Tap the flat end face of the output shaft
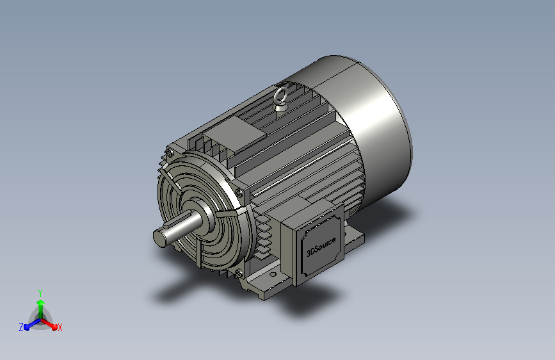[x=160, y=238]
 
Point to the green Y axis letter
[x=40, y=293]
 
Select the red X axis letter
[x=60, y=328]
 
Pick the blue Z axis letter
[x=21, y=327]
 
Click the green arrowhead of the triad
[x=41, y=303]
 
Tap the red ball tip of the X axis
[x=54, y=327]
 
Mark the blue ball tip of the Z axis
[x=27, y=328]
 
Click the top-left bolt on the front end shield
[x=170, y=153]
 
